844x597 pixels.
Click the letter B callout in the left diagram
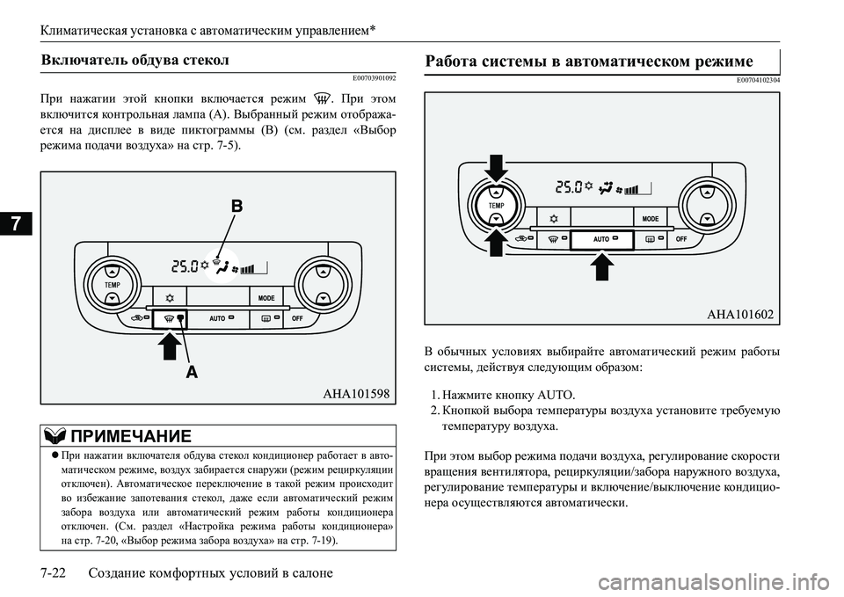[x=236, y=207]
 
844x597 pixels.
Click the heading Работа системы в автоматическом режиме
[x=588, y=62]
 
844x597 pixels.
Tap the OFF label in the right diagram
[x=680, y=238]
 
